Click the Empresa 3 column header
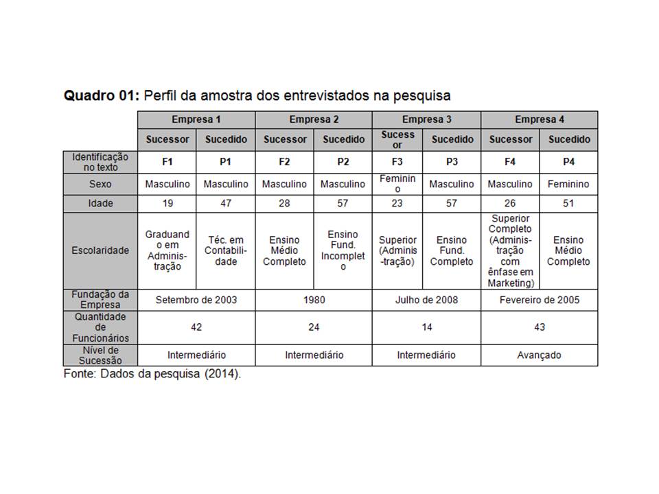coord(426,119)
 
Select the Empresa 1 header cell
coord(196,119)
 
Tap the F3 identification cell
coord(397,162)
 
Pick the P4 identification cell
coord(568,162)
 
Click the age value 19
coord(167,204)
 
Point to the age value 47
coord(226,204)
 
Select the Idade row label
coord(100,204)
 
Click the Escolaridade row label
coord(100,250)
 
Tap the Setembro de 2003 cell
coord(196,300)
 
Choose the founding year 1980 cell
coord(314,300)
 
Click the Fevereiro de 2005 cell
coord(540,300)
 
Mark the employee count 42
coord(196,327)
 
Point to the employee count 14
coord(426,327)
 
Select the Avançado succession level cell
coord(540,355)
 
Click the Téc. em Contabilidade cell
coord(226,250)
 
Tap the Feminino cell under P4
coord(568,184)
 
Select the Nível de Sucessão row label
coord(100,355)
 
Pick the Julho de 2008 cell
coord(426,300)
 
